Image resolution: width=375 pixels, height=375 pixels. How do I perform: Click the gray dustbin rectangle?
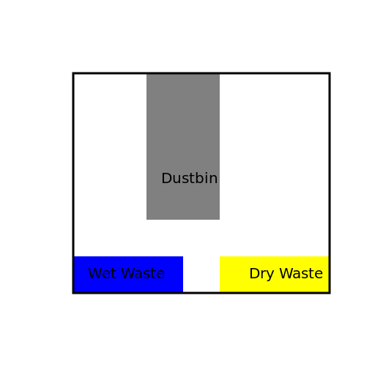(183, 125)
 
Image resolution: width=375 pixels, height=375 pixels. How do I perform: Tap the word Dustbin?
(189, 179)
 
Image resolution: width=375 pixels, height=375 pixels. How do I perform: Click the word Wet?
(101, 274)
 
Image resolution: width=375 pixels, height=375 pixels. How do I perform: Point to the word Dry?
(261, 275)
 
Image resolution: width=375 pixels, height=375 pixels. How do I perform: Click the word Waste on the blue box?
(142, 274)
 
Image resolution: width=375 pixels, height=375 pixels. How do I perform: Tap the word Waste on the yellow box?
(300, 274)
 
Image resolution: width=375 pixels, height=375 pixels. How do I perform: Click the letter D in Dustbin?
(166, 179)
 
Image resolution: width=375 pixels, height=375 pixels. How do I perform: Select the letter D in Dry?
(253, 274)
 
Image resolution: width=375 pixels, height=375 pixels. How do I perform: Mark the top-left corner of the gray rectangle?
(146, 74)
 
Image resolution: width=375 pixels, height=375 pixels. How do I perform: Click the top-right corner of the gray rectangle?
(219, 74)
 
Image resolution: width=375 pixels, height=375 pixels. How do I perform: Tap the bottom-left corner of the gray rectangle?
(146, 219)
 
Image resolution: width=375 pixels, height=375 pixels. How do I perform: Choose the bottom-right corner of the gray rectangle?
(219, 219)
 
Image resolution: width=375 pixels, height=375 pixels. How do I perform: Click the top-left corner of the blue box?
(75, 256)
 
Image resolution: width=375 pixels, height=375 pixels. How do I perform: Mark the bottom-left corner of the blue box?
(75, 292)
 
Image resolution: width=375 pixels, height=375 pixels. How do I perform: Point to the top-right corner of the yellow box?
(327, 256)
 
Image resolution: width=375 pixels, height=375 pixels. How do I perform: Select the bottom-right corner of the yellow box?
(327, 292)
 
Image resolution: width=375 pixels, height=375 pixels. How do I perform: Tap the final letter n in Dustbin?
(213, 179)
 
